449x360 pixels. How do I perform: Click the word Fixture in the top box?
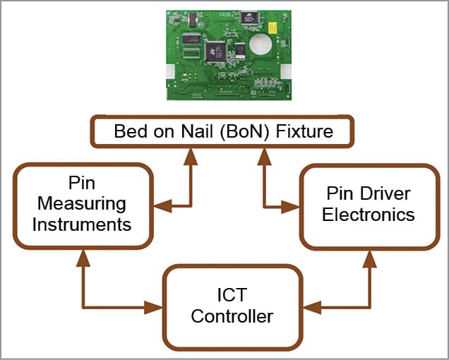tap(306, 131)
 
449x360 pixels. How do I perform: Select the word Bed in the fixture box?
tap(131, 131)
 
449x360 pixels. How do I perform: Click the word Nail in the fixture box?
tap(198, 131)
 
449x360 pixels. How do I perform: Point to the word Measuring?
tap(82, 205)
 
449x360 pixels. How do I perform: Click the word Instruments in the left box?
tap(82, 225)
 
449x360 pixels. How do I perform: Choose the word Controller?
tap(232, 317)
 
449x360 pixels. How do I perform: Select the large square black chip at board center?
tap(215, 52)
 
